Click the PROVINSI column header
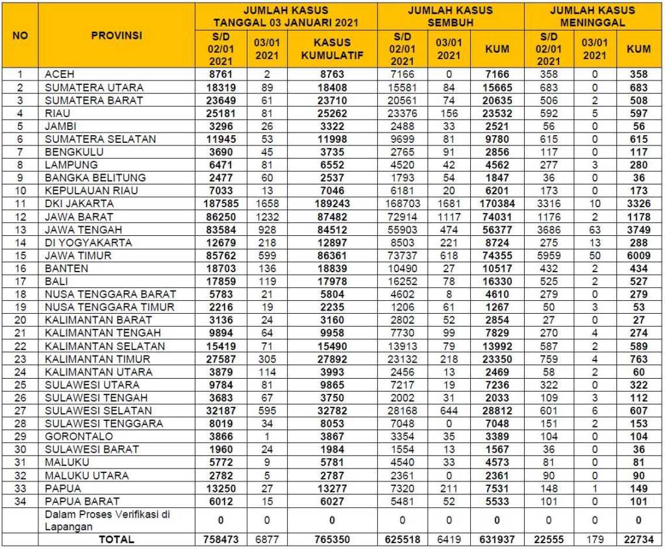pyautogui.click(x=117, y=35)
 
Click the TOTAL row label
pyautogui.click(x=116, y=539)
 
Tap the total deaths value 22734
pyautogui.click(x=638, y=539)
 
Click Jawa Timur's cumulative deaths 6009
pyautogui.click(x=638, y=255)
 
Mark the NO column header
pyautogui.click(x=20, y=35)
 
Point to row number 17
pyautogui.click(x=20, y=281)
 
